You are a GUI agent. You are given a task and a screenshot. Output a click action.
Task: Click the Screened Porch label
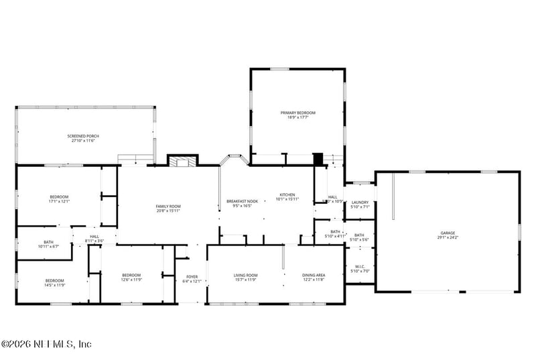pyautogui.click(x=84, y=136)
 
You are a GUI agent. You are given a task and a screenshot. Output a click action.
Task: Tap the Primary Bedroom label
pyautogui.click(x=297, y=113)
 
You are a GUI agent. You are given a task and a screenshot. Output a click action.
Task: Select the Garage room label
pyautogui.click(x=448, y=233)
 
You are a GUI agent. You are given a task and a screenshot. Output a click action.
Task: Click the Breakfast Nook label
pyautogui.click(x=242, y=201)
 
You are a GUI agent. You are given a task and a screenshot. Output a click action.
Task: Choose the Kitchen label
pyautogui.click(x=287, y=195)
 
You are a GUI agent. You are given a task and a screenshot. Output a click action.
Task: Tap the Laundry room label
pyautogui.click(x=360, y=202)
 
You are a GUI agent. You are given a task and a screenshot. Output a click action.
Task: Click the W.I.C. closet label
pyautogui.click(x=360, y=267)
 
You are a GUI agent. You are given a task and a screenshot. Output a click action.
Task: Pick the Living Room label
pyautogui.click(x=245, y=275)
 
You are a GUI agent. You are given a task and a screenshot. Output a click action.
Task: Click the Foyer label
pyautogui.click(x=192, y=276)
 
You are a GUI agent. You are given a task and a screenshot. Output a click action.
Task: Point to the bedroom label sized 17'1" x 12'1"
pyautogui.click(x=59, y=196)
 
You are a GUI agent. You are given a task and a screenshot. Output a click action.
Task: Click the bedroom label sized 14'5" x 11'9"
pyautogui.click(x=55, y=280)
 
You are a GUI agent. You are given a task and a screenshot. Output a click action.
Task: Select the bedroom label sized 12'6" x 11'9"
pyautogui.click(x=131, y=275)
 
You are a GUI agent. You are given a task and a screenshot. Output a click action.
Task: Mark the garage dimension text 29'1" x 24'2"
pyautogui.click(x=448, y=237)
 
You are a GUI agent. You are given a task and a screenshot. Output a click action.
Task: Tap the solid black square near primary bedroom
pyautogui.click(x=318, y=159)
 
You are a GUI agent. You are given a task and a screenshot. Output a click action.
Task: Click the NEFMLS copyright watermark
pyautogui.click(x=46, y=344)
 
